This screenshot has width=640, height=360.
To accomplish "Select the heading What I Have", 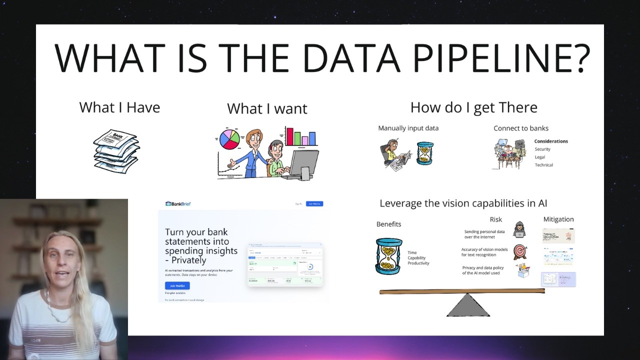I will point(119,107).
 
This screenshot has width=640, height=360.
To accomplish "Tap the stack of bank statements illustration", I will point(116,150).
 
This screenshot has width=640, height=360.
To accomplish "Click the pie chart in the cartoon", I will point(229,139).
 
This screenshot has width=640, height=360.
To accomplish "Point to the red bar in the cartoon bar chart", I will point(289,136).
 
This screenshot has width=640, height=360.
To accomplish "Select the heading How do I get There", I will point(473,107).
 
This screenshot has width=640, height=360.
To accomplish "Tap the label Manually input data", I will point(408,128).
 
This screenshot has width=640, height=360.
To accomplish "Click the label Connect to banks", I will point(520,128).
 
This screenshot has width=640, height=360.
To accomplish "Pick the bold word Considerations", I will point(551,141).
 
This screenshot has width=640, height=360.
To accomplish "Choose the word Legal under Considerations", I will point(540,157).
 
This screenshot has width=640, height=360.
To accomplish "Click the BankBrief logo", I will point(178,204).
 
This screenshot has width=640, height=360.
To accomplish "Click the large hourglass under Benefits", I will point(388,256).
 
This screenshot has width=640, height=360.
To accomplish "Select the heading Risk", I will point(495,219).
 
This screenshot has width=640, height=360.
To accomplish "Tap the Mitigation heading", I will point(558,219).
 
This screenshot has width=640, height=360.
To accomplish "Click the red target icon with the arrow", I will point(520,251).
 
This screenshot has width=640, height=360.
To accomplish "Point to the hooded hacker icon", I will point(519,229).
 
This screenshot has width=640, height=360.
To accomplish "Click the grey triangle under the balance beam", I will point(467,305).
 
